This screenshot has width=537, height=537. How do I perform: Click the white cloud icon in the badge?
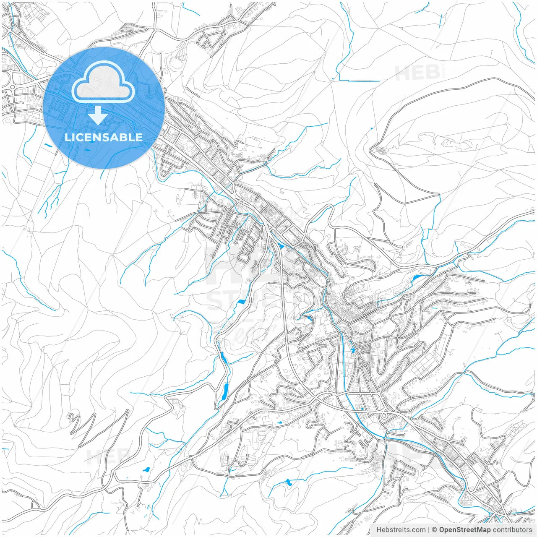(x=103, y=82)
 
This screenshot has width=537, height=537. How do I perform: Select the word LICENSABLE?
(x=104, y=137)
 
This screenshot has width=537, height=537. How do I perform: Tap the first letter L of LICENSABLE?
(x=67, y=137)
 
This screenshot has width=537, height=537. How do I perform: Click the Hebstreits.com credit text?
(x=401, y=530)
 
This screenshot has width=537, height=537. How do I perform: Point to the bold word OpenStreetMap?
(x=465, y=530)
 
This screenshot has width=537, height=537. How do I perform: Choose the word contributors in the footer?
(x=512, y=530)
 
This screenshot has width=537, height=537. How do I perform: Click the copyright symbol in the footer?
(x=435, y=530)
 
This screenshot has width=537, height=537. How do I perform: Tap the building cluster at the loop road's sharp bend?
(x=380, y=150)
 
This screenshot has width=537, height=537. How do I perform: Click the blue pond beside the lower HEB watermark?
(x=146, y=469)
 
